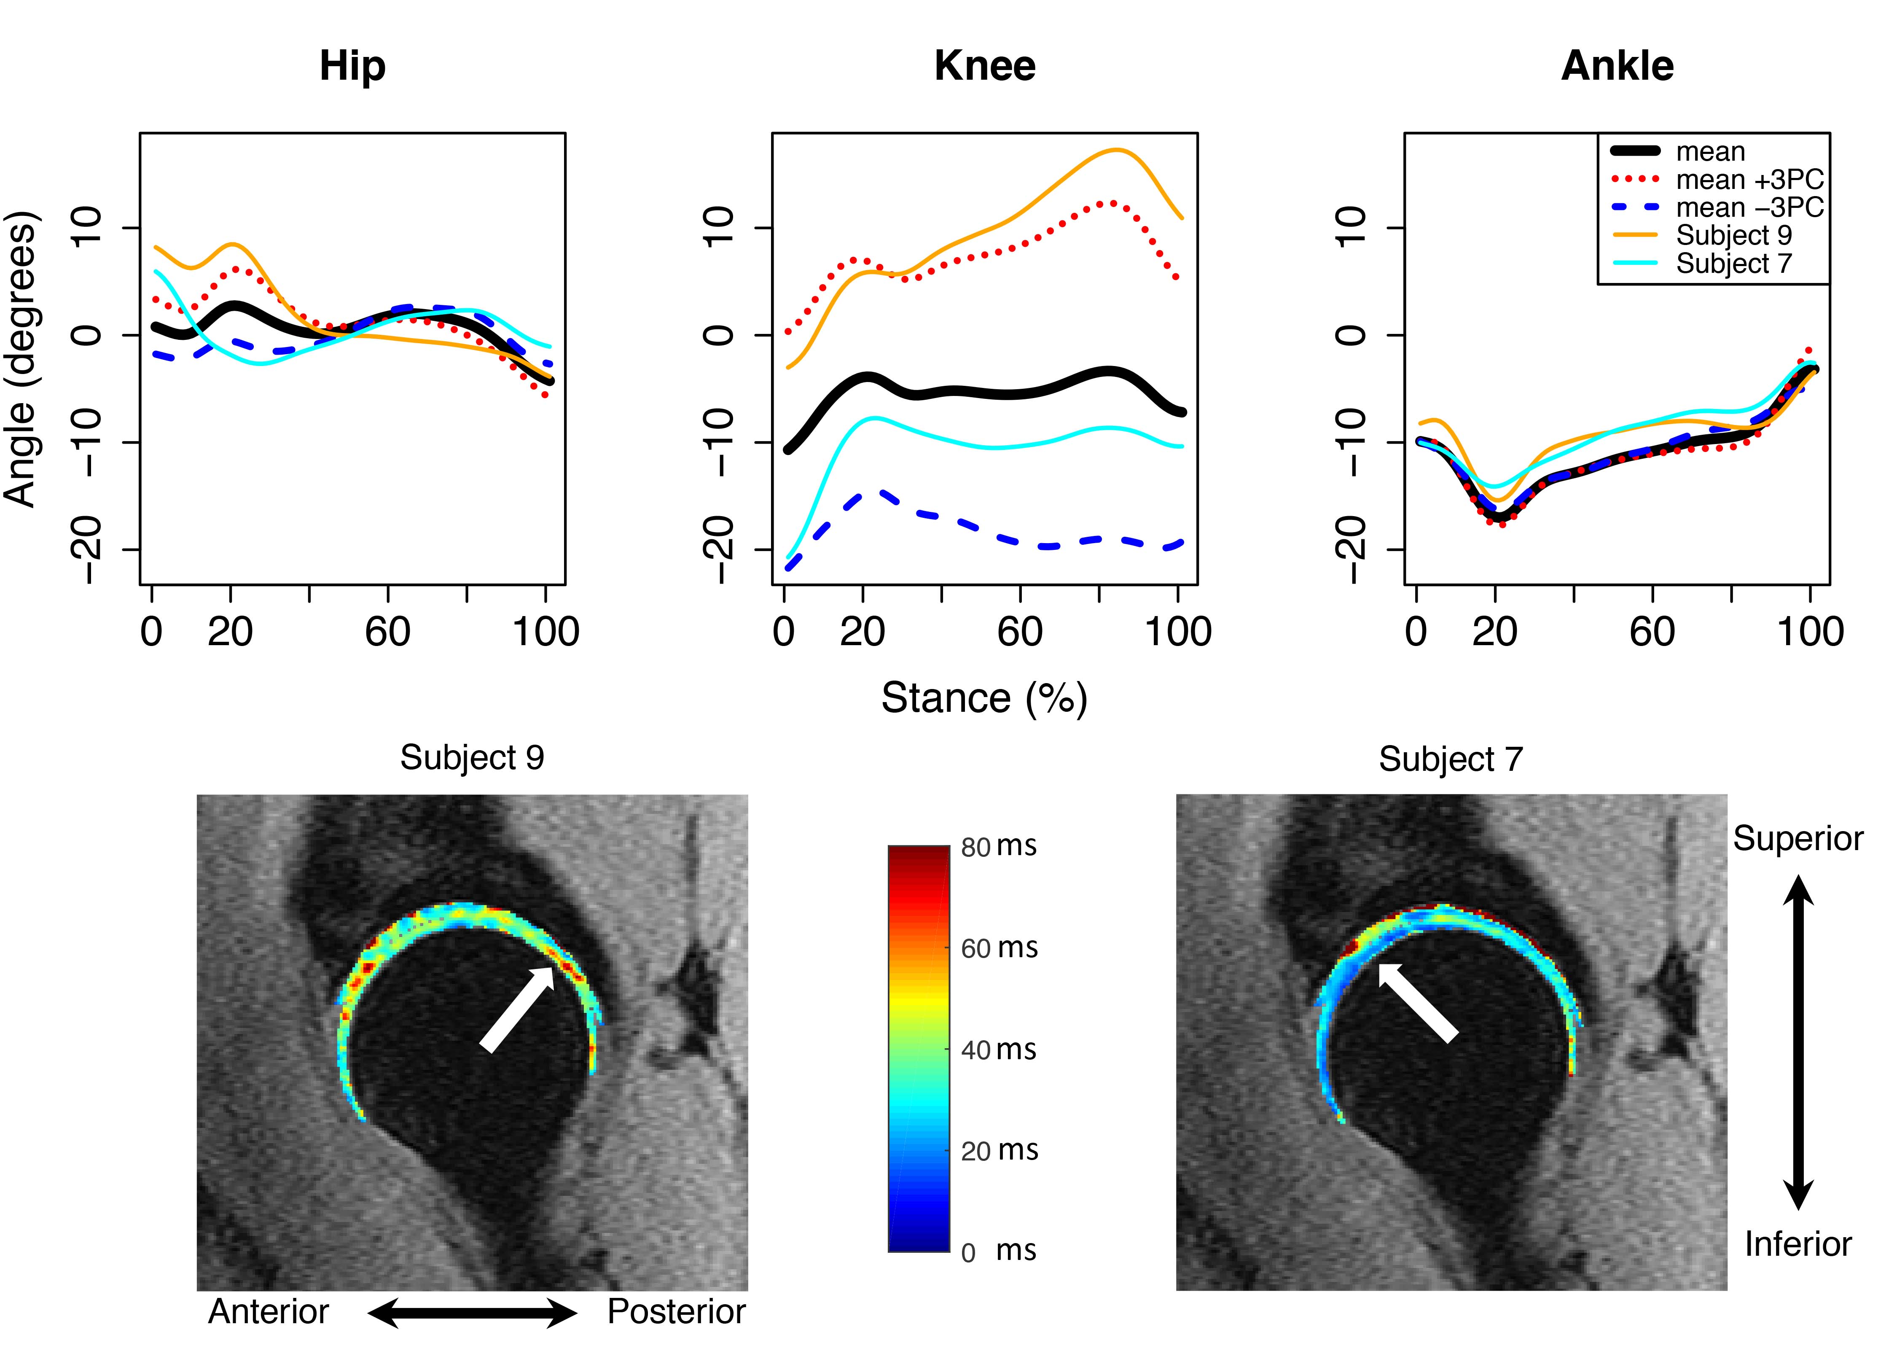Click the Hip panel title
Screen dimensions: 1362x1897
(352, 66)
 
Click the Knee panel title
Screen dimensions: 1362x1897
(984, 66)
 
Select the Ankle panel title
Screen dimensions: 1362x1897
(1617, 66)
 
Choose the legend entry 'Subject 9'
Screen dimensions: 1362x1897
(1733, 235)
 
